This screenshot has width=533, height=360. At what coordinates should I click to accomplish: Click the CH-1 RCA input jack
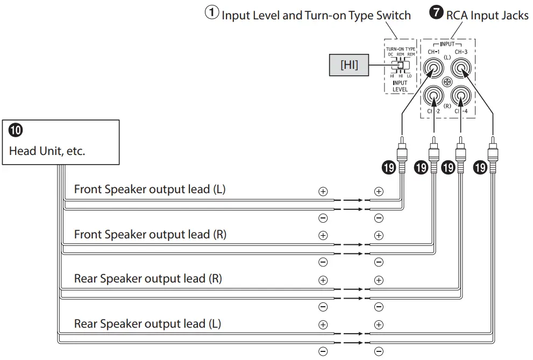coord(433,68)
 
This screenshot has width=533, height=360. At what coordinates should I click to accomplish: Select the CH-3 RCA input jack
coord(461,68)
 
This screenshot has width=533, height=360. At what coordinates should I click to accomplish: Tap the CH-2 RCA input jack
coord(433,96)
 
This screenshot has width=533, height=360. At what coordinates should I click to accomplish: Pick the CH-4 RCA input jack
coord(461,96)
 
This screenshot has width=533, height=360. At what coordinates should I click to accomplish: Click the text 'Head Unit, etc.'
coord(47,151)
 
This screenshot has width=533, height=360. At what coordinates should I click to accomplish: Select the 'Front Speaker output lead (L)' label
coord(150,189)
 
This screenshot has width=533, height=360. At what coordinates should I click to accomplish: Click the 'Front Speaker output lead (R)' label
coord(150,235)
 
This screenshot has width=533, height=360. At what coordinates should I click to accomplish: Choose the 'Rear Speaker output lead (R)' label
coord(148,279)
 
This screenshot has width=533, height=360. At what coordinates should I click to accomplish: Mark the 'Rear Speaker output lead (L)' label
coord(147,324)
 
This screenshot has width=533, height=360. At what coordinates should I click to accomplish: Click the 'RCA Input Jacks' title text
coord(487,15)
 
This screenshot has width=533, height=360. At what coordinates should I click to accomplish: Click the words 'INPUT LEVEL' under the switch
coord(400,86)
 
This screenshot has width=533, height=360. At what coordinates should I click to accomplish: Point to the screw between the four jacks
coord(447,82)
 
